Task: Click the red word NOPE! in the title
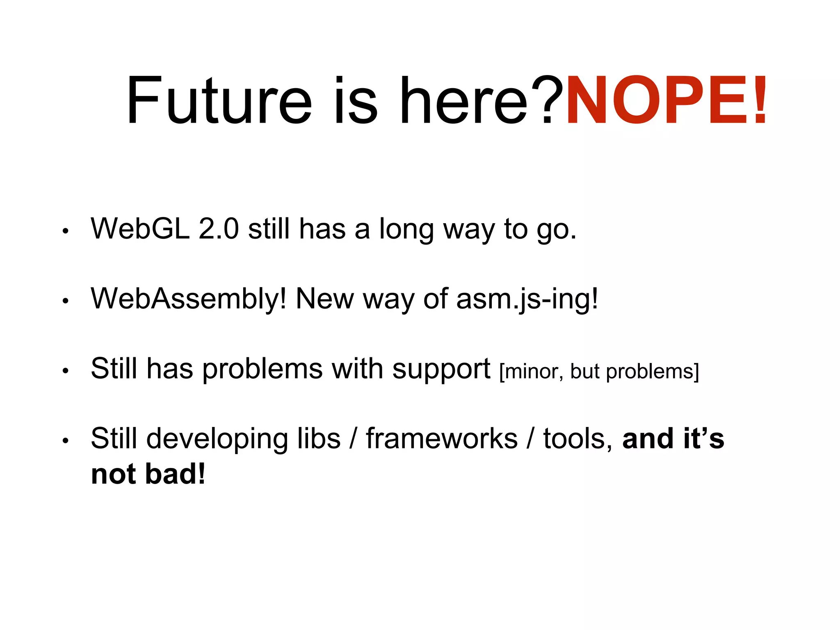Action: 665,100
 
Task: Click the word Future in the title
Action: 219,100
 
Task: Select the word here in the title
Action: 463,100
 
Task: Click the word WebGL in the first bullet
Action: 140,228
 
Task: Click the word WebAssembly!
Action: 188,299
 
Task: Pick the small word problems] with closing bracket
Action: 652,372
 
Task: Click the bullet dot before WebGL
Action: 65,231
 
